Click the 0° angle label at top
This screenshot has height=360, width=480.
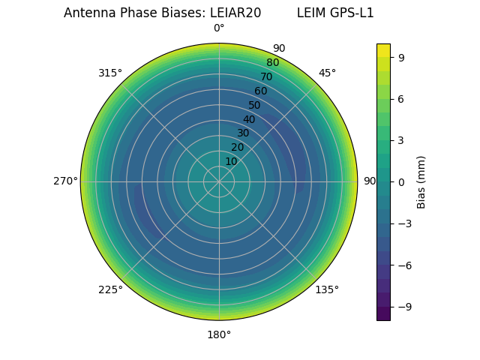[219, 28]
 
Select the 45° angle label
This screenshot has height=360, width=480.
[327, 73]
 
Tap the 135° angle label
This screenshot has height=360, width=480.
[327, 289]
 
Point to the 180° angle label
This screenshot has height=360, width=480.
[219, 334]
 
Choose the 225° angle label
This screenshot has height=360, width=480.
[110, 289]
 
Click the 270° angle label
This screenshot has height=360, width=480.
[65, 181]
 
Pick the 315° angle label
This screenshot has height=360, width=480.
[110, 73]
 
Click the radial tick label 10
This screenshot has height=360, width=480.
[231, 161]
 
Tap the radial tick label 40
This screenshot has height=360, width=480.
[249, 119]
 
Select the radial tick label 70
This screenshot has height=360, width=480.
[267, 76]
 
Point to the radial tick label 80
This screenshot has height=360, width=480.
[273, 62]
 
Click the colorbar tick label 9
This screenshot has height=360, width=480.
[401, 56]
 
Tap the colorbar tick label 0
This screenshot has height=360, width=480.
[401, 181]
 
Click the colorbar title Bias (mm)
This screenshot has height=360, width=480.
[421, 181]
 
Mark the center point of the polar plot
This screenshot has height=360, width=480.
[219, 181]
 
